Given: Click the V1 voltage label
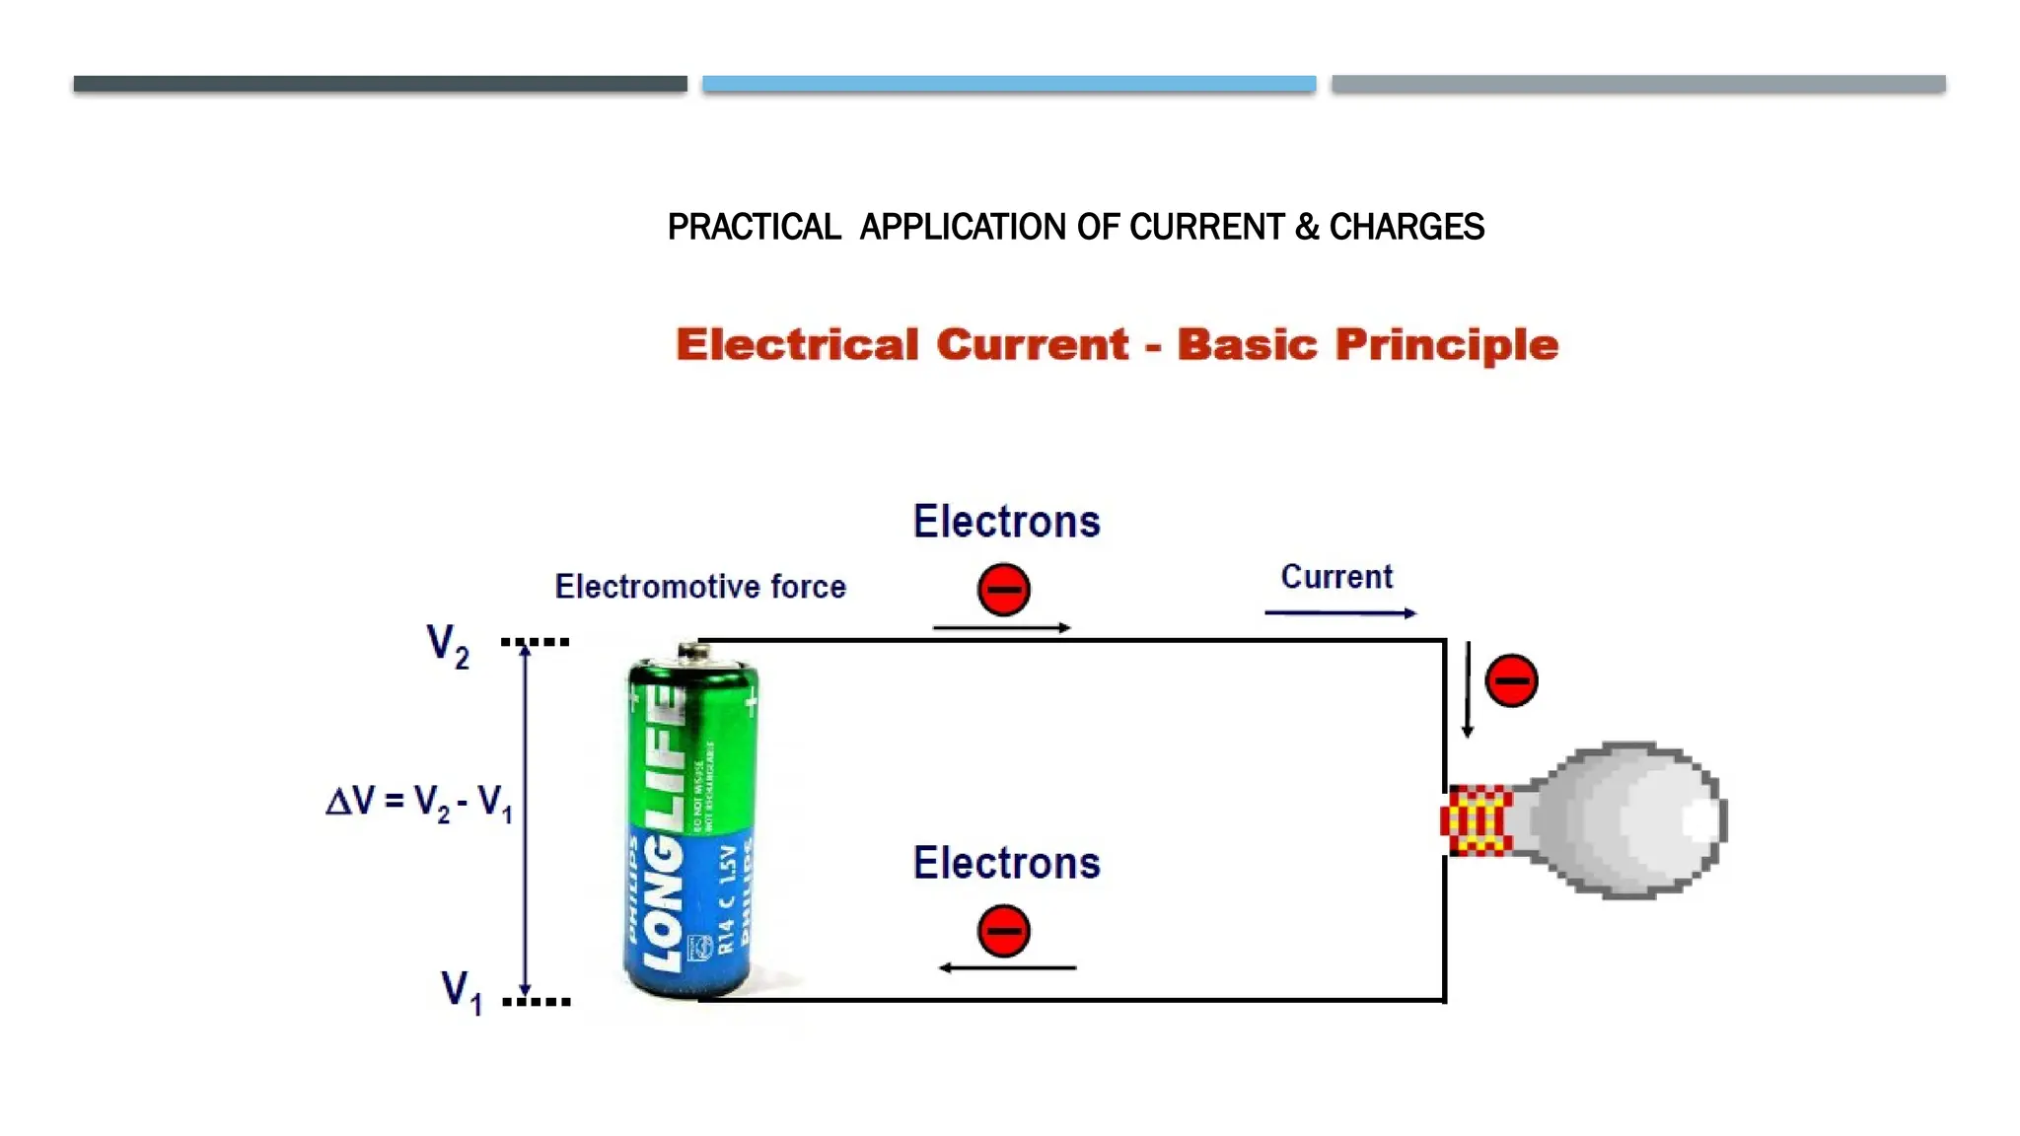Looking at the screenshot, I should (x=461, y=991).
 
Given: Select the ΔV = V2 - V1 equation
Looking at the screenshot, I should (x=419, y=802).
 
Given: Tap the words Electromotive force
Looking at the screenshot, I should (x=700, y=587).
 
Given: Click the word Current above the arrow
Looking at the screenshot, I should (x=1336, y=577).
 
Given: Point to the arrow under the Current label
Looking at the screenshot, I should (x=1339, y=613).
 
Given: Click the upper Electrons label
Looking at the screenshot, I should (x=1006, y=522).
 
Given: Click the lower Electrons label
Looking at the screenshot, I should (x=1006, y=863).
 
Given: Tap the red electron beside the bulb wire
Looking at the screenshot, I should (x=1511, y=680).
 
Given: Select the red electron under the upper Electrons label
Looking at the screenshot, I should (x=1003, y=590).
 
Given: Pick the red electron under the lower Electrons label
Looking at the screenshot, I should (x=1003, y=931).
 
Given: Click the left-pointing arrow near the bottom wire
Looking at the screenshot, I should (x=1006, y=968).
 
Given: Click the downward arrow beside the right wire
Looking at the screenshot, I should (x=1468, y=690).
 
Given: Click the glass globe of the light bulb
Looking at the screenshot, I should (x=1637, y=820).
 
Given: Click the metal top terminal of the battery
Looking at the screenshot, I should (x=694, y=651).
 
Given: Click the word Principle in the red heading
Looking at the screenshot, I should (x=1446, y=345).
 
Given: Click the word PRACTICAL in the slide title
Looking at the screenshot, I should (x=754, y=228).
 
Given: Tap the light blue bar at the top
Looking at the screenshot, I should (x=1009, y=84).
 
